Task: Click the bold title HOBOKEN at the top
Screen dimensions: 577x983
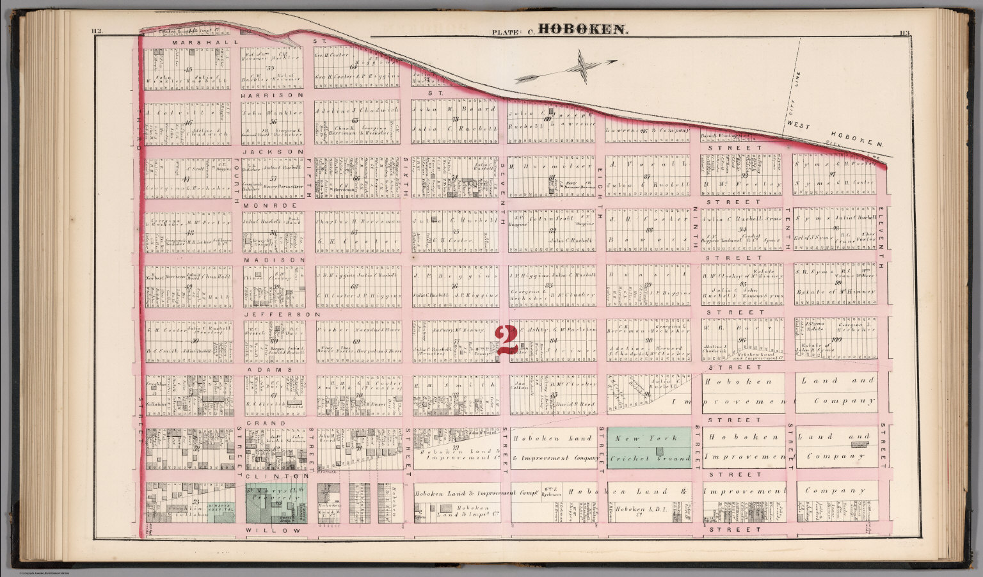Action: point(583,29)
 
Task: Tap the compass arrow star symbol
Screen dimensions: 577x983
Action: point(584,66)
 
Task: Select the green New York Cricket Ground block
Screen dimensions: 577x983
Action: point(649,448)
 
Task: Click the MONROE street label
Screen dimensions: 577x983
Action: point(270,205)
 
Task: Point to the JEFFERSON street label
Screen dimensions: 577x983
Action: point(282,315)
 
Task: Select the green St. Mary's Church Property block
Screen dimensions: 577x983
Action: point(276,503)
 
